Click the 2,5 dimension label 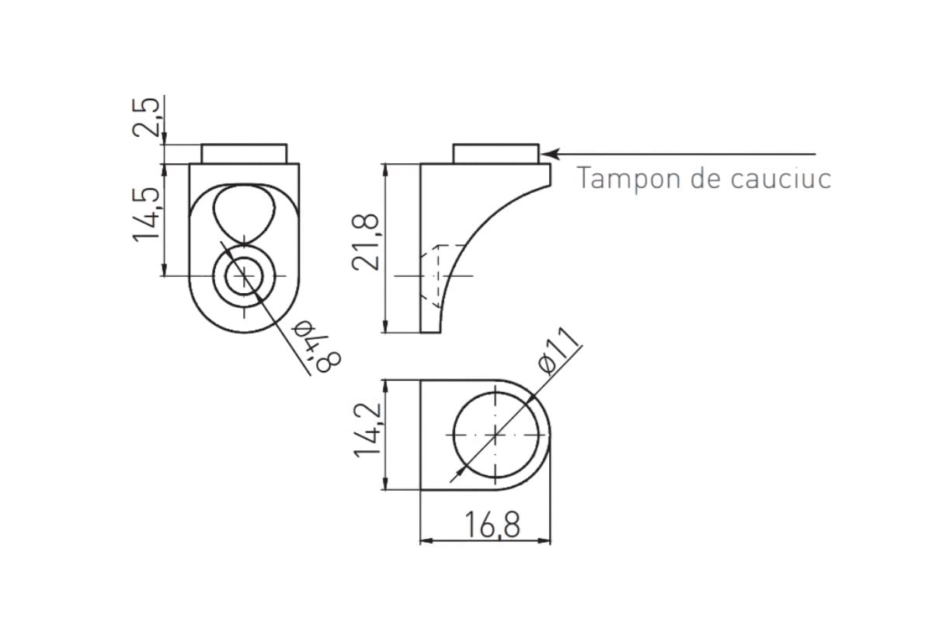click(x=146, y=117)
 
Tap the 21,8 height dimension click(x=366, y=242)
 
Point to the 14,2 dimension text click(x=367, y=430)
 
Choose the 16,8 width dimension click(x=492, y=525)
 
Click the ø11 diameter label click(x=558, y=351)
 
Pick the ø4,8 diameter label click(x=317, y=346)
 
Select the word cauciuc click(x=781, y=178)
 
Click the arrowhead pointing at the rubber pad click(x=549, y=154)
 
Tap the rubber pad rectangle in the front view click(x=244, y=154)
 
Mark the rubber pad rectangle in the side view click(x=496, y=154)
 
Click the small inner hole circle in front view click(x=244, y=276)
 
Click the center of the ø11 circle click(x=496, y=435)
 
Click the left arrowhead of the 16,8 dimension click(x=426, y=541)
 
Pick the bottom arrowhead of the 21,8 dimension click(x=386, y=327)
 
